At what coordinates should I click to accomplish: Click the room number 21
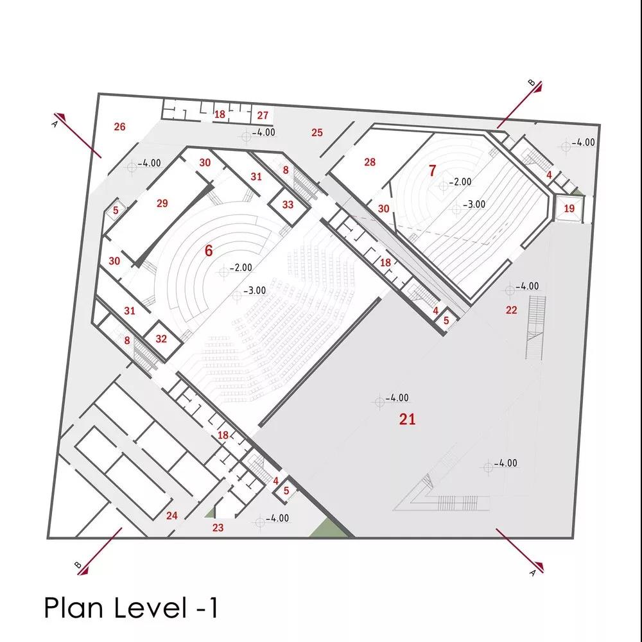click(x=407, y=419)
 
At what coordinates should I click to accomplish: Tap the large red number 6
click(x=209, y=250)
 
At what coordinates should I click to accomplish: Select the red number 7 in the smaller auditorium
click(x=432, y=170)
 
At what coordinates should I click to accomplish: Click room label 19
click(x=569, y=209)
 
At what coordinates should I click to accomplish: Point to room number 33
click(x=288, y=204)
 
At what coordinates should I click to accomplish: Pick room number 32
click(x=161, y=338)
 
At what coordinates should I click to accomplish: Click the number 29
click(x=162, y=203)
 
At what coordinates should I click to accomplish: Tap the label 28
click(x=370, y=162)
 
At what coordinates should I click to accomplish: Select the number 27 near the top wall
click(x=263, y=116)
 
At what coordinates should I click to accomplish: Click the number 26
click(x=119, y=126)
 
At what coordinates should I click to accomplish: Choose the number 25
click(x=317, y=132)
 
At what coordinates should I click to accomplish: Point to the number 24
click(x=171, y=516)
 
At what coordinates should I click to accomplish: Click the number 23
click(x=218, y=527)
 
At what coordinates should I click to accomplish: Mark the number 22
click(x=512, y=310)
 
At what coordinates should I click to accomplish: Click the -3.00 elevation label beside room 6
click(x=255, y=290)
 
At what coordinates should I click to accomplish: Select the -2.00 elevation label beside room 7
click(x=460, y=182)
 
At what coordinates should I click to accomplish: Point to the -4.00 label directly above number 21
click(x=397, y=397)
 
